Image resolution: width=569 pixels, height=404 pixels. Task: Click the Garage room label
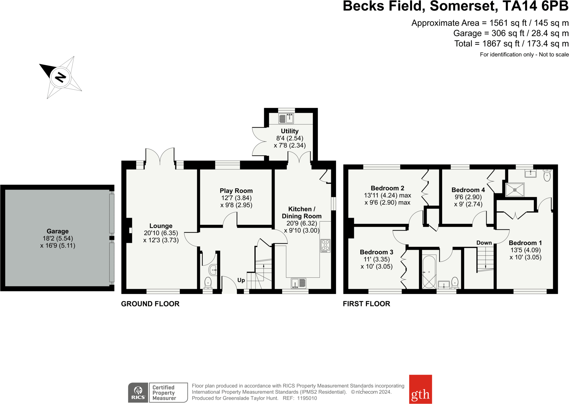click(x=58, y=231)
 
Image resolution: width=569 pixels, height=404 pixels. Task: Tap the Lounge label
click(x=161, y=226)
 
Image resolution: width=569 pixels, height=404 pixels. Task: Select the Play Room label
click(x=236, y=191)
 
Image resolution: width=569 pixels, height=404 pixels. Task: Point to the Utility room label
click(x=290, y=131)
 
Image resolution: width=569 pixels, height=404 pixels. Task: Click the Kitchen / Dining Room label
click(x=302, y=213)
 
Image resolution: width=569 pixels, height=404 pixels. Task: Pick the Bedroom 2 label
click(x=387, y=188)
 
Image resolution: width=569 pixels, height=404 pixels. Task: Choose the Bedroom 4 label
click(x=468, y=190)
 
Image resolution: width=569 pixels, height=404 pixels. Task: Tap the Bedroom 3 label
click(x=377, y=252)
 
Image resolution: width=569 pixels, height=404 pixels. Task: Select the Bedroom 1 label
click(x=525, y=243)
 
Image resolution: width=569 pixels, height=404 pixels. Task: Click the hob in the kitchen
click(x=325, y=246)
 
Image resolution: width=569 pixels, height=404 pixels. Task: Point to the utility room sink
click(x=286, y=118)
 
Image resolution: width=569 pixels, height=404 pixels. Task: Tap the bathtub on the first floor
click(x=429, y=272)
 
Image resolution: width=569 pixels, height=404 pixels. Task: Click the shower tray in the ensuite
click(x=515, y=190)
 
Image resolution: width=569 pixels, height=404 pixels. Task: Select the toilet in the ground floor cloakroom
click(x=208, y=283)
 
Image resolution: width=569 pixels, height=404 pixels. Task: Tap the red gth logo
click(x=421, y=389)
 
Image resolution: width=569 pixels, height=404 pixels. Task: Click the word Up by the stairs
click(x=241, y=280)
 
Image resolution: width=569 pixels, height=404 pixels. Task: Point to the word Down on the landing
click(x=484, y=243)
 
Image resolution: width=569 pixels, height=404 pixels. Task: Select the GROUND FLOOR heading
click(x=150, y=304)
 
